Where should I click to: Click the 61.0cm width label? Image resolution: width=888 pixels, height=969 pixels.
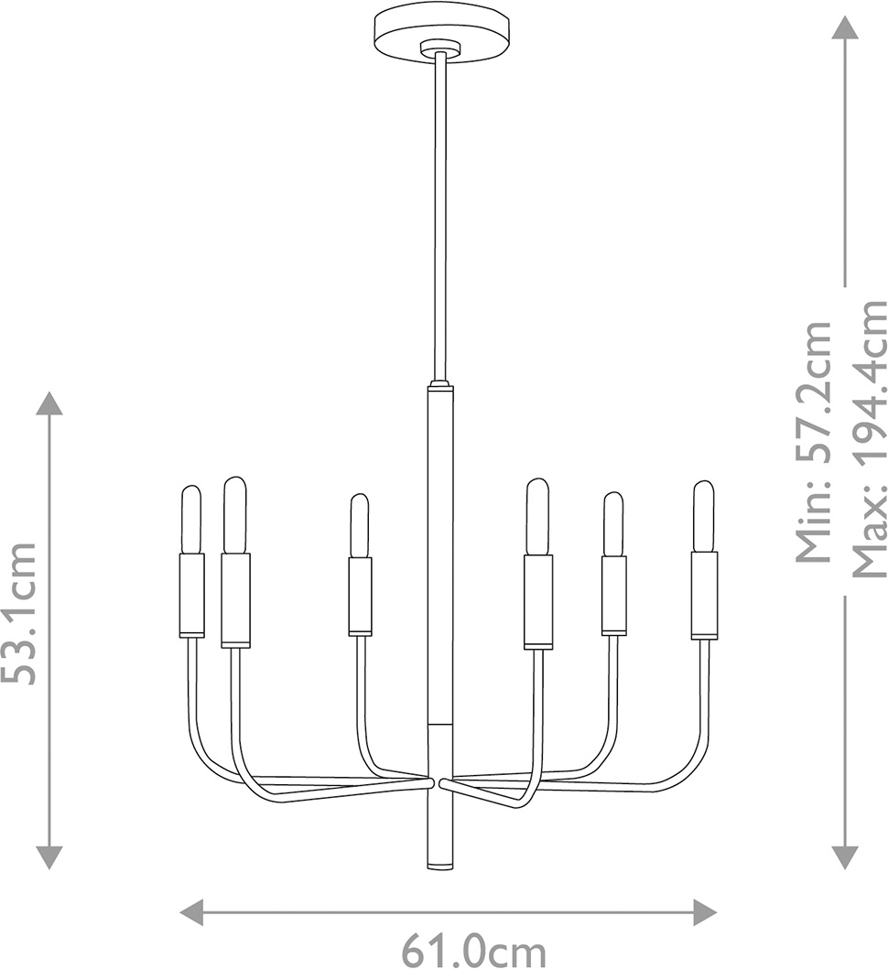coord(474,952)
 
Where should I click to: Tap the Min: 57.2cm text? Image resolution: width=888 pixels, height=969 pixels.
coord(813,442)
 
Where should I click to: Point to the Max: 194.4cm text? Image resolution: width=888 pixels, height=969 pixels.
coord(870,439)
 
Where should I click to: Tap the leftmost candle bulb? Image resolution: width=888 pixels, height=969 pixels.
coord(191,520)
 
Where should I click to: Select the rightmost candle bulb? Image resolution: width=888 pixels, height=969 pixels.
coord(703,517)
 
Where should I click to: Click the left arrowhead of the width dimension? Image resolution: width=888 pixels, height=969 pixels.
coord(192,912)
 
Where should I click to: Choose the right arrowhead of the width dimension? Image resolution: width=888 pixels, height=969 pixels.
coord(704,912)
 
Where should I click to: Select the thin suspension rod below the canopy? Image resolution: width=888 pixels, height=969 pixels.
coord(440,216)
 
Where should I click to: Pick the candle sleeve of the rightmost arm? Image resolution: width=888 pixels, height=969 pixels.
coord(705,596)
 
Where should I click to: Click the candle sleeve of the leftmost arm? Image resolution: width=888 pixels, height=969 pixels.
coord(191,595)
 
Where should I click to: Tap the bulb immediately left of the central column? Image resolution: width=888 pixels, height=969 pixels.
coord(359,525)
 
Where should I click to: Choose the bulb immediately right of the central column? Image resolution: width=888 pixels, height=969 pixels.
coord(536,517)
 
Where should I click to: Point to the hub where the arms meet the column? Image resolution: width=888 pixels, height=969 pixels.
coord(440,782)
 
